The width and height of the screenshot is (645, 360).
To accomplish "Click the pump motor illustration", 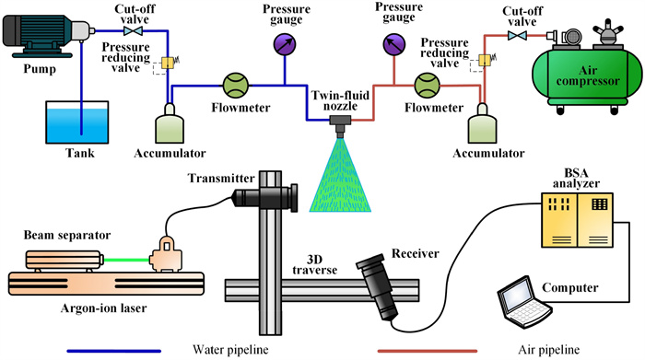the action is point(47,36).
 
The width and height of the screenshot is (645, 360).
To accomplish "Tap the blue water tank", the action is point(76,122).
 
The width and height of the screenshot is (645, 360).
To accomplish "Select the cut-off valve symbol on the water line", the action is point(133,30).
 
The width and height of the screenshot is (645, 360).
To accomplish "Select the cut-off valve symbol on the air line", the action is point(517,36).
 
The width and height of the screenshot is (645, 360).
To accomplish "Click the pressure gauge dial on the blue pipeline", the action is point(285,44).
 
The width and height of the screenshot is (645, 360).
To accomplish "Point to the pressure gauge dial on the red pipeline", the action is point(394,44).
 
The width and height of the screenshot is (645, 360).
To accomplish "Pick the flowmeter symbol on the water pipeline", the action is point(236,86).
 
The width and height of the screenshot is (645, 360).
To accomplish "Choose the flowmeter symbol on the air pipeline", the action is point(427,86).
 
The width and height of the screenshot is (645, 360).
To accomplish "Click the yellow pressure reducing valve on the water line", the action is point(168,63).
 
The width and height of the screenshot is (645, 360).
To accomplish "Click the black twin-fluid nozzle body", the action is point(340,125).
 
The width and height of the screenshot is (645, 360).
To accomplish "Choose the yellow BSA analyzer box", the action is point(577,220).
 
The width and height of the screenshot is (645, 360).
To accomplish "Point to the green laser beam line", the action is point(126,260).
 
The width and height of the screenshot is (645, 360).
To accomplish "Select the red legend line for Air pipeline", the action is point(428,351).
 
